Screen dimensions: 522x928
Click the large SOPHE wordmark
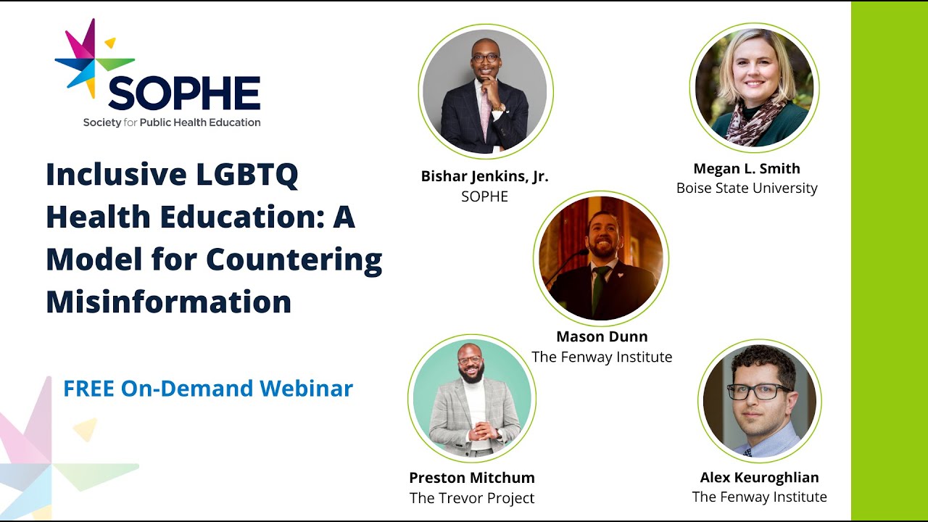184,93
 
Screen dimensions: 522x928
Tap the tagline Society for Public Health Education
171,123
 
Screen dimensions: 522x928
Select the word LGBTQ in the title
247,175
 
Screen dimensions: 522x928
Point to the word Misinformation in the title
168,301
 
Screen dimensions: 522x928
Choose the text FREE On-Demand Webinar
208,389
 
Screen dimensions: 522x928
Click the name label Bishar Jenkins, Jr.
484,176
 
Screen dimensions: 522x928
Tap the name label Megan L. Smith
747,168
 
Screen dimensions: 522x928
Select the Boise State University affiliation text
747,188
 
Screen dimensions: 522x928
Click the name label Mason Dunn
602,336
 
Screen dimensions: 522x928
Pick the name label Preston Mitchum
472,478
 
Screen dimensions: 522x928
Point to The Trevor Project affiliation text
472,498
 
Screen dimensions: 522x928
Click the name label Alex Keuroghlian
759,477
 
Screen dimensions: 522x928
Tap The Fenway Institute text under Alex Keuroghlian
759,497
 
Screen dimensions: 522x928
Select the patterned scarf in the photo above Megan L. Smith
754,120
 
